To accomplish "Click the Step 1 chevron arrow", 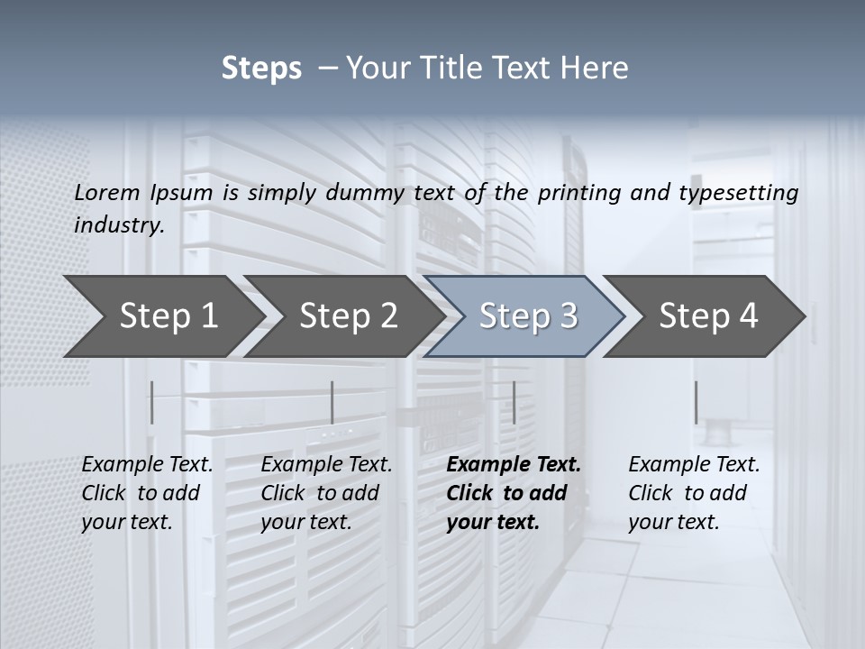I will (168, 316).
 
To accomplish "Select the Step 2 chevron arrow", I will (349, 316).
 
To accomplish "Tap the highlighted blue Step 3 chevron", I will (528, 316).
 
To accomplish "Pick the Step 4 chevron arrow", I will (708, 316).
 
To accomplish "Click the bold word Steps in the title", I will (261, 69).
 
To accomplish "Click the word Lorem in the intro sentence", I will (107, 193).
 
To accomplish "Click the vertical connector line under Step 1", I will (152, 402).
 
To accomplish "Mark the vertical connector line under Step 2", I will (332, 402).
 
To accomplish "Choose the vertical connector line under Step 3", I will (514, 402).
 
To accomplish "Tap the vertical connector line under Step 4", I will (696, 402).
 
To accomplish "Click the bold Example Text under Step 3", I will (514, 465).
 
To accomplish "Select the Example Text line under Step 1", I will (147, 465).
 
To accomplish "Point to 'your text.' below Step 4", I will (673, 522).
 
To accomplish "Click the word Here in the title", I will (596, 69).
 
